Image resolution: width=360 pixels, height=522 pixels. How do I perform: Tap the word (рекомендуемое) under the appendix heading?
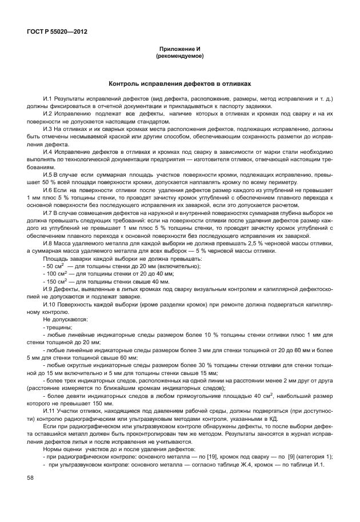(x=180, y=57)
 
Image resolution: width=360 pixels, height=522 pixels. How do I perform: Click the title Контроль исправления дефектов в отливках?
(x=180, y=83)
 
